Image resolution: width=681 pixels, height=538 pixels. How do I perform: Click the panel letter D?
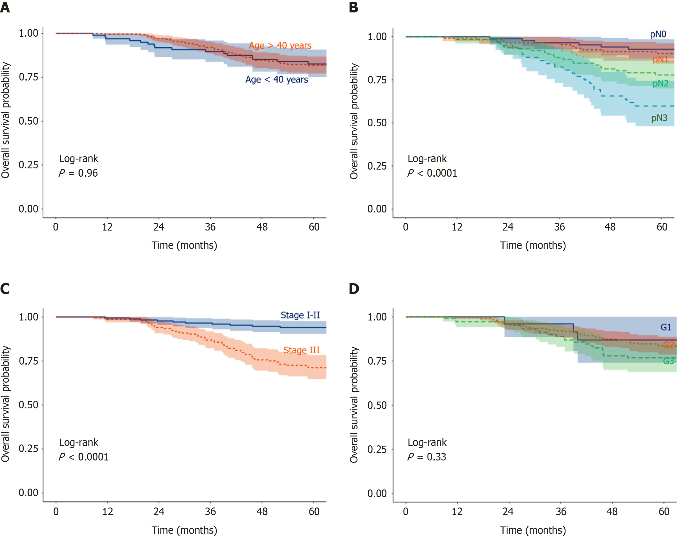(354, 289)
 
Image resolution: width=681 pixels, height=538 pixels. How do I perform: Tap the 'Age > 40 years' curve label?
(280, 46)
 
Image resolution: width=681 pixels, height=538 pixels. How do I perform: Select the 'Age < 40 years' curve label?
(276, 79)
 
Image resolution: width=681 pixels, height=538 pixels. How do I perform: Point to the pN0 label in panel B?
(658, 34)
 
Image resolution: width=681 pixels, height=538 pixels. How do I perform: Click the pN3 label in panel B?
(659, 118)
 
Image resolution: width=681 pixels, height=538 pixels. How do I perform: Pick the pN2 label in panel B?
(661, 83)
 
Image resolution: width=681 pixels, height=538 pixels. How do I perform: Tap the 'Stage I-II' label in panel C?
(300, 315)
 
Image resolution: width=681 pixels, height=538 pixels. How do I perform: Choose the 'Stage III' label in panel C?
(301, 350)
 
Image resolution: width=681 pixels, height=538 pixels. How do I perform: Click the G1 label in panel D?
(666, 327)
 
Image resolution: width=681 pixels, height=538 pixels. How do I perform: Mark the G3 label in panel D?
(668, 361)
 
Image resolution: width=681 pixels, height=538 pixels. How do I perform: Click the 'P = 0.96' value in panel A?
(78, 173)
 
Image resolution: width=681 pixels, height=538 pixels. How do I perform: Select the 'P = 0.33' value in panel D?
(427, 457)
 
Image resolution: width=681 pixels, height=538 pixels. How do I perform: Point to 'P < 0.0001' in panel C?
(83, 457)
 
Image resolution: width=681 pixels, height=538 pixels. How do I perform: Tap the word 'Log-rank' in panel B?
(427, 158)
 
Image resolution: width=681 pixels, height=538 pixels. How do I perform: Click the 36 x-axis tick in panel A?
(210, 227)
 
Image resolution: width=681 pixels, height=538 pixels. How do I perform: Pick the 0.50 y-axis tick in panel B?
(377, 123)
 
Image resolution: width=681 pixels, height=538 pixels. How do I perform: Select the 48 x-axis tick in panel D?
(612, 512)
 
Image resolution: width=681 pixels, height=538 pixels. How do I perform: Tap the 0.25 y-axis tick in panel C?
(28, 449)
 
